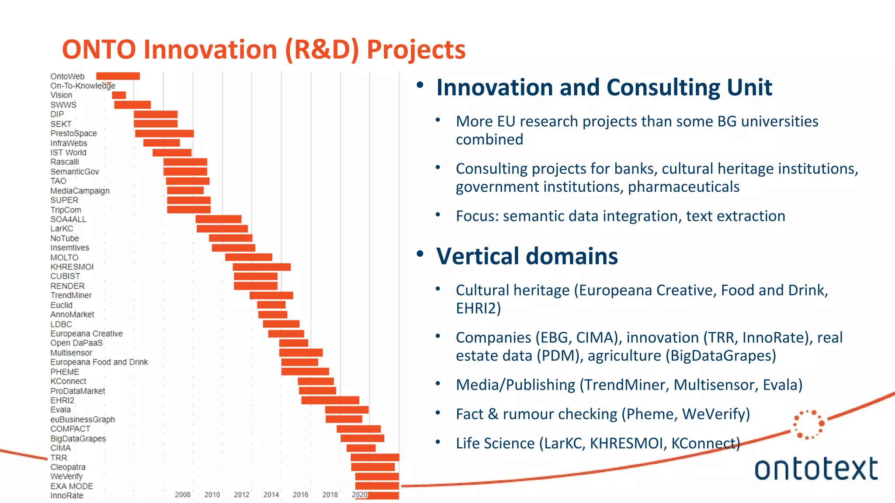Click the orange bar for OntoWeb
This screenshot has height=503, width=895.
tap(118, 76)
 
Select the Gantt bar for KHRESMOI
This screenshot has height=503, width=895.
tap(261, 267)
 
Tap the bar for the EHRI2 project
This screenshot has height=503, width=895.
tap(330, 400)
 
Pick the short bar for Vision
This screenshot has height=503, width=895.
tap(118, 95)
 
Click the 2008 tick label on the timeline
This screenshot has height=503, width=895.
tap(183, 495)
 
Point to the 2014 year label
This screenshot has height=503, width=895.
tap(271, 495)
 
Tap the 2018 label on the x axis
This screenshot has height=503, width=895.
tap(330, 495)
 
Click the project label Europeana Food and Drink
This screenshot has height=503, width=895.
tap(99, 362)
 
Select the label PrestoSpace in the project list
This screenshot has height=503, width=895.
tap(73, 133)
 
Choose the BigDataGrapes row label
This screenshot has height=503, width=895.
tap(78, 438)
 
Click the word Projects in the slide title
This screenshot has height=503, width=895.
tap(416, 49)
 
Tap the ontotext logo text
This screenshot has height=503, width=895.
tap(816, 469)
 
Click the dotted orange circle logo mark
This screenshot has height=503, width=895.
tap(808, 424)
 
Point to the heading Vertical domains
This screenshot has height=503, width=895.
tap(527, 256)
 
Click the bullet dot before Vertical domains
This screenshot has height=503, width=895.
tap(420, 254)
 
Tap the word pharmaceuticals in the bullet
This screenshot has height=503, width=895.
tap(683, 187)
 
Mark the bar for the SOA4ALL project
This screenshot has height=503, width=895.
tap(218, 219)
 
